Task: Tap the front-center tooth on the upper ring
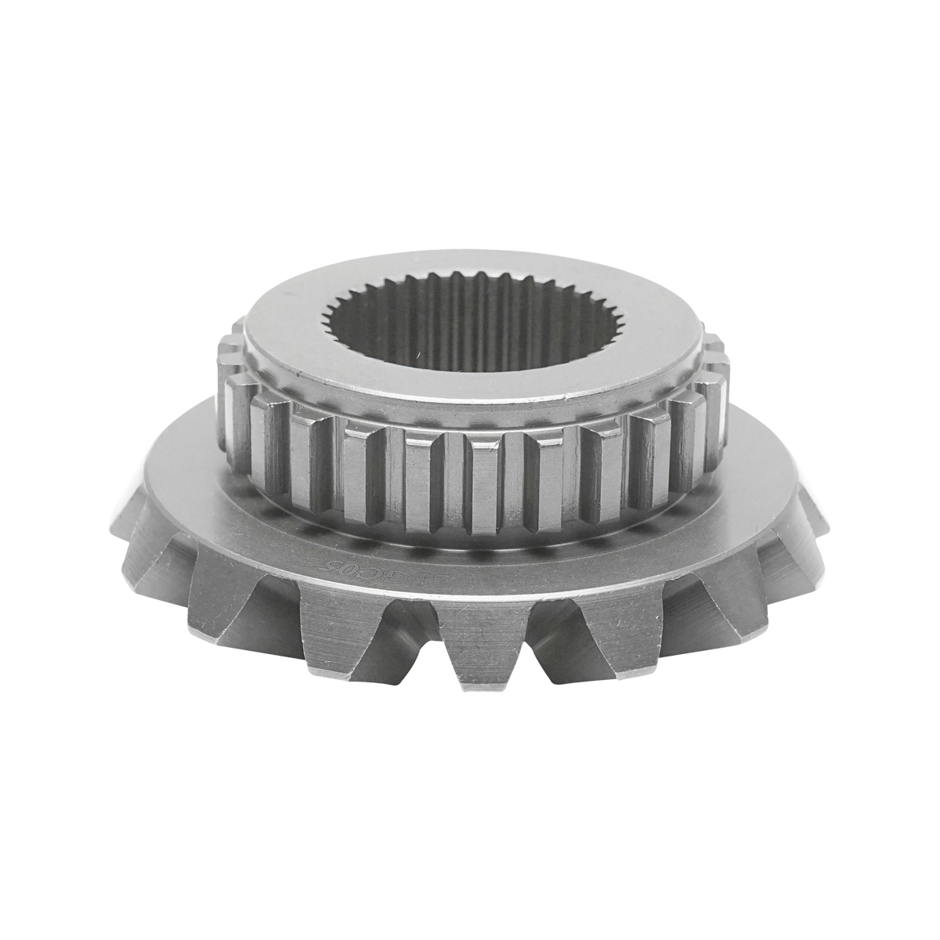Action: (486, 486)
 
